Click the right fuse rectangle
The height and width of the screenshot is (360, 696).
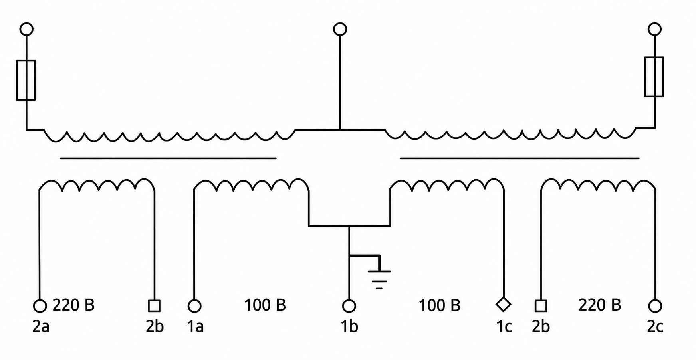645,77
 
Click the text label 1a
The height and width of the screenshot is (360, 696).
195,326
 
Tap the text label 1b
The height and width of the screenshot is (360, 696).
349,326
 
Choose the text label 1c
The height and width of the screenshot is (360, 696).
504,326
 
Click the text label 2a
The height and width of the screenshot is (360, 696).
41,326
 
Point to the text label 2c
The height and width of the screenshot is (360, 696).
655,326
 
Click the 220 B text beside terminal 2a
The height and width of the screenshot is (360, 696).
73,305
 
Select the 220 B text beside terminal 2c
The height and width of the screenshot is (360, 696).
600,305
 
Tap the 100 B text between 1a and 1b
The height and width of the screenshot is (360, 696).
265,305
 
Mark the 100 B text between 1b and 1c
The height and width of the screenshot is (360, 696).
439,305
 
